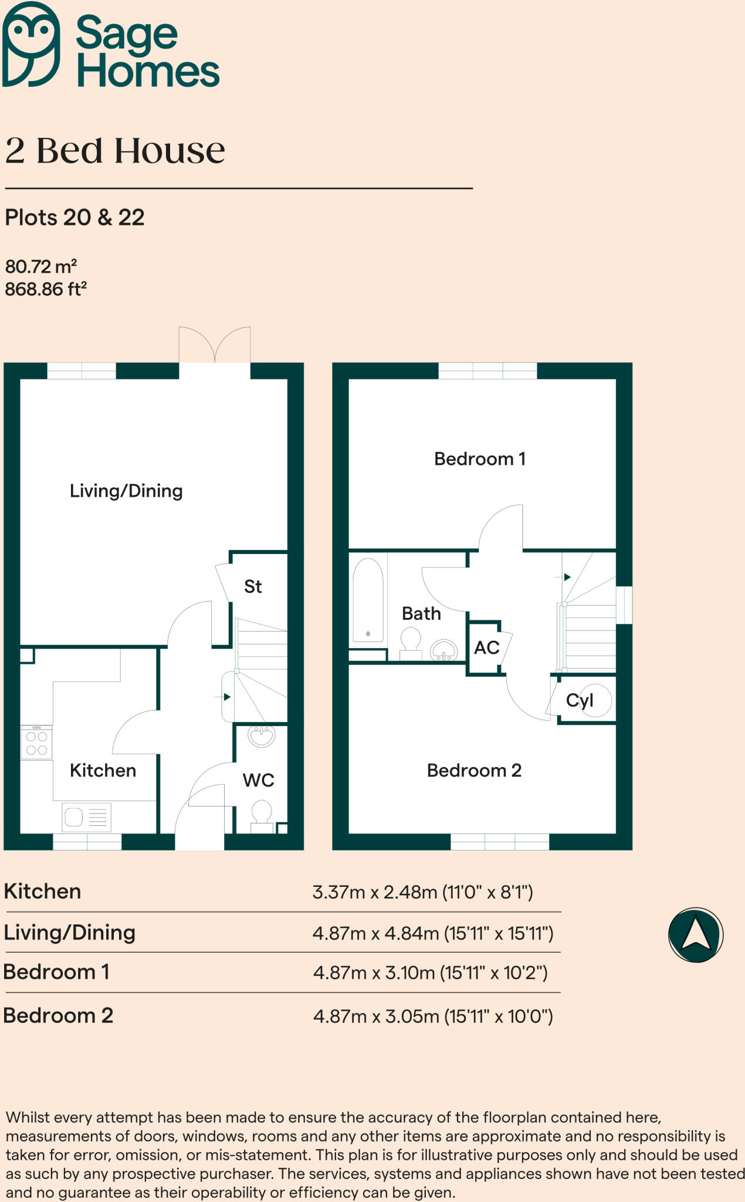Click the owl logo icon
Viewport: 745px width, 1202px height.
[x=31, y=44]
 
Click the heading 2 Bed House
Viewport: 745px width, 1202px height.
[x=115, y=151]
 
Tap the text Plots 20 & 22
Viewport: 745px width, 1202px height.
[x=74, y=218]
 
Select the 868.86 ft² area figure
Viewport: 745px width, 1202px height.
[x=46, y=289]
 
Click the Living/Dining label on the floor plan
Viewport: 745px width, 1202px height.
[x=126, y=491]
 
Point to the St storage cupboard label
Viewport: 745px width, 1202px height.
[x=253, y=586]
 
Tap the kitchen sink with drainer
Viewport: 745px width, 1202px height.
[x=86, y=817]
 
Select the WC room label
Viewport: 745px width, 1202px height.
[x=258, y=780]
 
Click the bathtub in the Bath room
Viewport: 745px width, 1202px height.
[x=368, y=600]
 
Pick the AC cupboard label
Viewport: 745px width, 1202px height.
[x=486, y=648]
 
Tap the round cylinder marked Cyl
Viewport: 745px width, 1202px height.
[x=595, y=700]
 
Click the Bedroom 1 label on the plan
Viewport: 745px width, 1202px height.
[x=479, y=458]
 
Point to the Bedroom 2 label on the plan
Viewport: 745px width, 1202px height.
[x=474, y=770]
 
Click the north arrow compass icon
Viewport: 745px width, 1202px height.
[x=696, y=935]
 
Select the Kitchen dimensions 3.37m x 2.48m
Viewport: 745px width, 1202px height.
[x=422, y=893]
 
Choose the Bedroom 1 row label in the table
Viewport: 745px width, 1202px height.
[x=56, y=972]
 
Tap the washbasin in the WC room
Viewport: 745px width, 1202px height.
[x=261, y=736]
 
